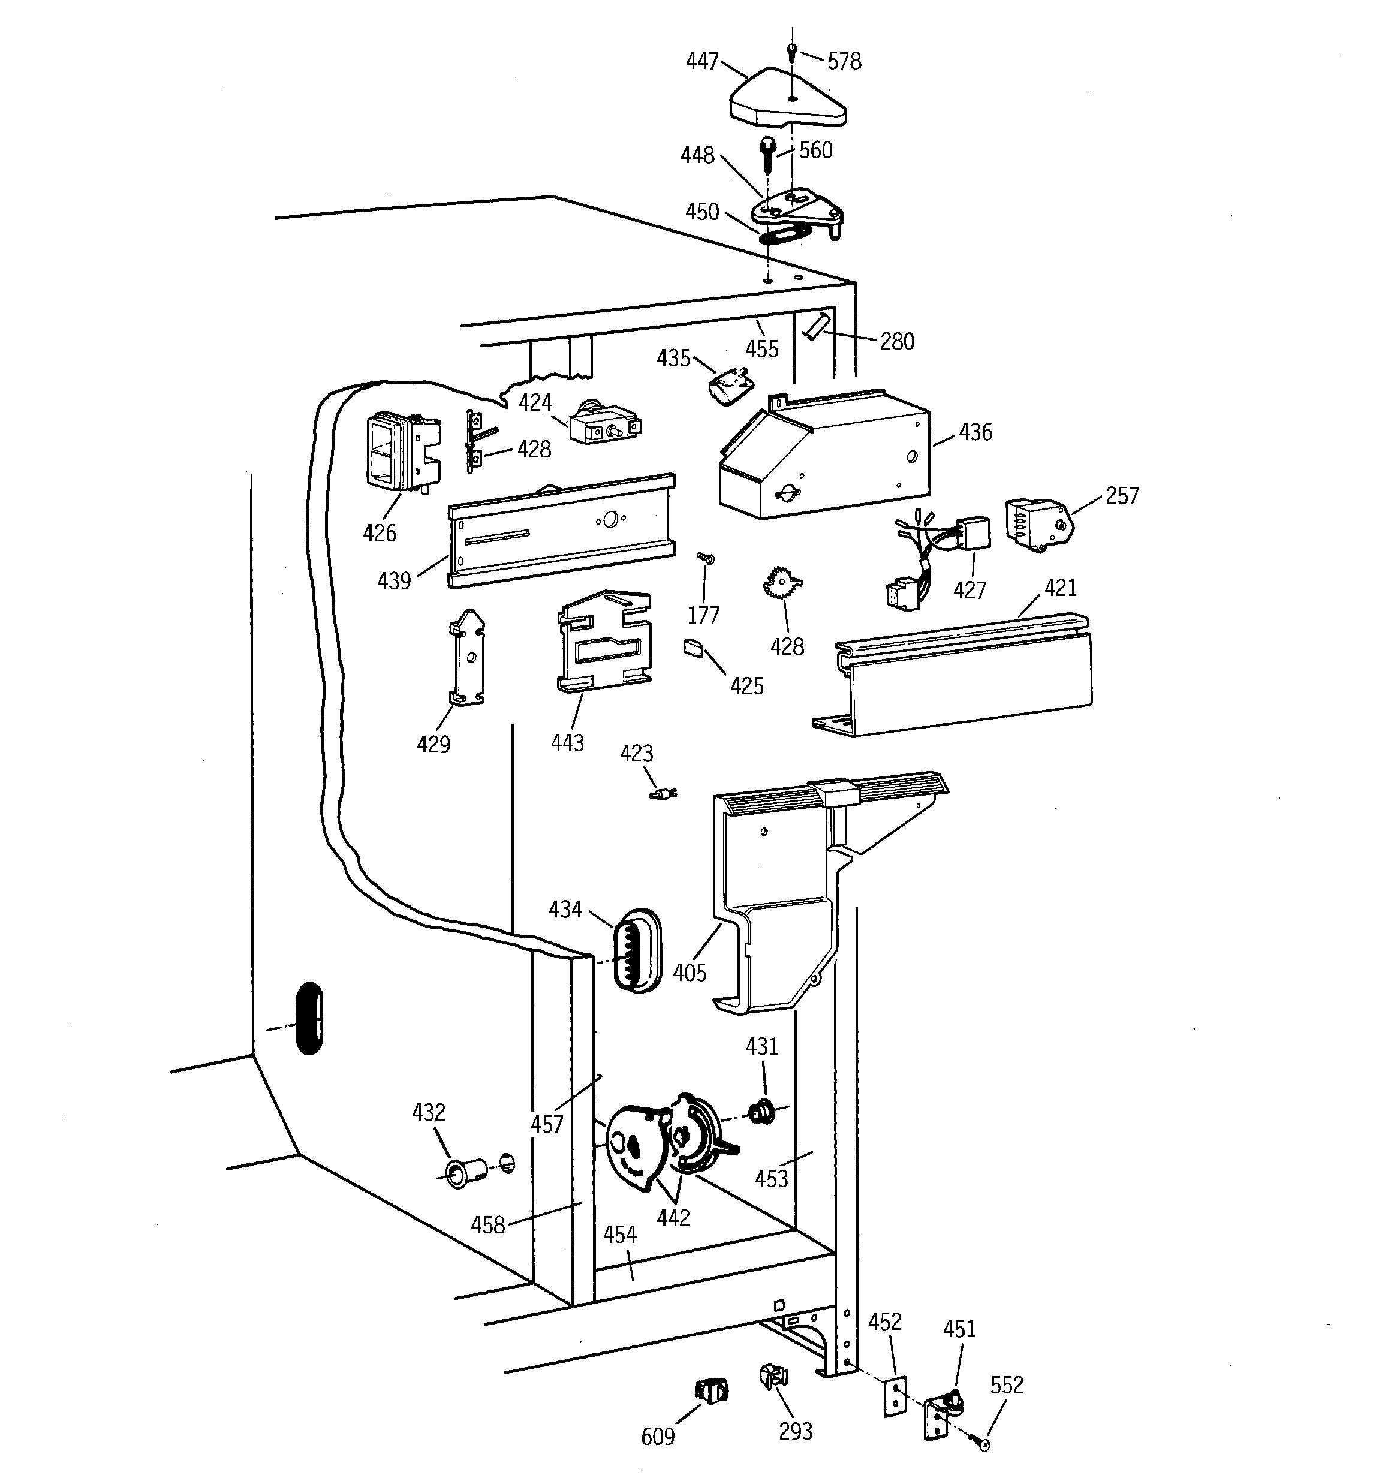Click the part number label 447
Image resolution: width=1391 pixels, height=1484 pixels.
pos(702,61)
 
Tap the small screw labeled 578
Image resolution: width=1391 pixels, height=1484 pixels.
pos(792,52)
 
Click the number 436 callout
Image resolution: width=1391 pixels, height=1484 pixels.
pos(975,432)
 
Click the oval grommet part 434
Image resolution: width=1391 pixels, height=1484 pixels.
pos(637,950)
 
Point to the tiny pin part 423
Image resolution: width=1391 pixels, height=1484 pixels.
pos(663,793)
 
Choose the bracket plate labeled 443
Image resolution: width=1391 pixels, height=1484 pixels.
pos(605,642)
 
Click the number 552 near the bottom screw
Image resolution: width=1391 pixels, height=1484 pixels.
pos(1007,1386)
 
